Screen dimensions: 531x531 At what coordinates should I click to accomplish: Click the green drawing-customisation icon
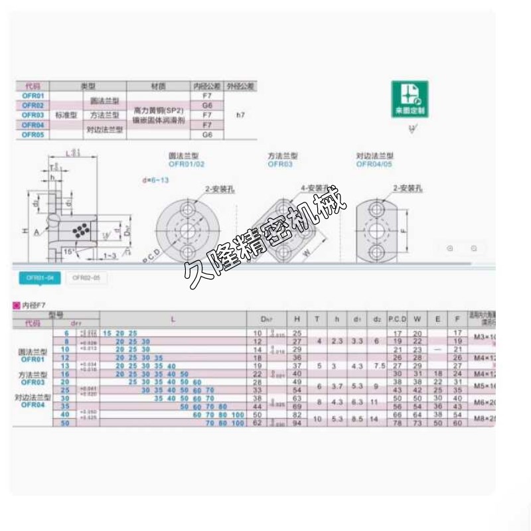tap(410, 99)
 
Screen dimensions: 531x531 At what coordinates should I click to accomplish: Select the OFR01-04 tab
tap(37, 278)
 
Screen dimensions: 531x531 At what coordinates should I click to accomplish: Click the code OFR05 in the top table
tap(33, 134)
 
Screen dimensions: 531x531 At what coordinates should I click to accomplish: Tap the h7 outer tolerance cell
tap(240, 115)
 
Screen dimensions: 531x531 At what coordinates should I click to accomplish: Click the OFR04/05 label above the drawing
tap(376, 163)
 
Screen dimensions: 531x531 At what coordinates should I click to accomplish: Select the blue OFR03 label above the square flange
tap(280, 163)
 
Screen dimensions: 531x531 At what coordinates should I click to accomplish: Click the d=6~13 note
tap(155, 180)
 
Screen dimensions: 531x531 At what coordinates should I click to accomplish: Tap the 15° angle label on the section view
tap(68, 251)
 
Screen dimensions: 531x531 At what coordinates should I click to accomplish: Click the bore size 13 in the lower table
tap(65, 365)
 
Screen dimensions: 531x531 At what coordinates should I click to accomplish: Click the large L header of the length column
tap(173, 319)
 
